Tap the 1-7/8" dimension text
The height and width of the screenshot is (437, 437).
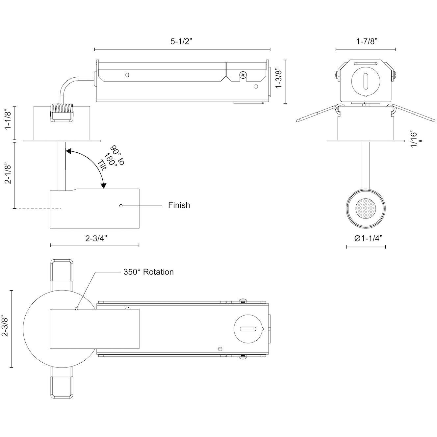coord(366,41)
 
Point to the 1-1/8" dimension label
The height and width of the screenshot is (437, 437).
coord(9,120)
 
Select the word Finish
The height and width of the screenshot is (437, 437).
coord(179,205)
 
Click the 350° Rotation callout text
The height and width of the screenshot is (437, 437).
coord(148,272)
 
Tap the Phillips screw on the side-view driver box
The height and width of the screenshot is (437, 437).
coord(243,75)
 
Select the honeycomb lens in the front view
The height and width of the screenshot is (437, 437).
coord(365,208)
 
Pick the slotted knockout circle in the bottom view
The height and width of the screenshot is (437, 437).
coord(248,329)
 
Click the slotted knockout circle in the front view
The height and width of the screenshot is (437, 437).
coord(365,81)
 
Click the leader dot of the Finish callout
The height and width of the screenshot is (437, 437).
coord(121,205)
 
